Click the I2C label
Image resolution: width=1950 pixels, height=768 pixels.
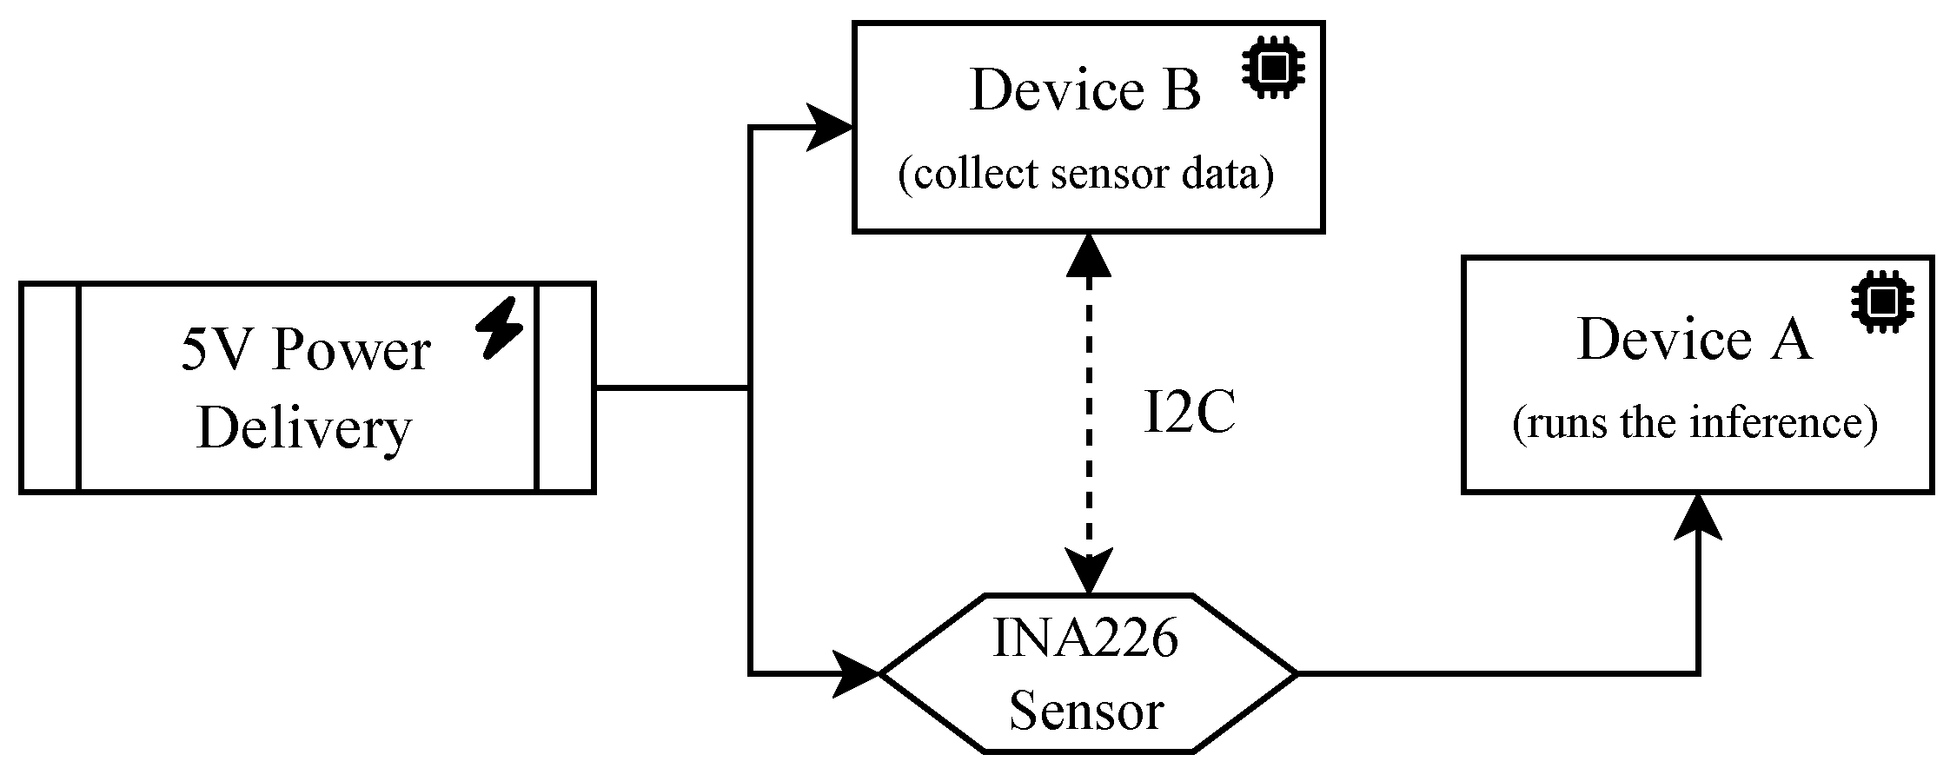[x=1188, y=413]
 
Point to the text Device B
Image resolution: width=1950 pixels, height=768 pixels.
[x=1084, y=90]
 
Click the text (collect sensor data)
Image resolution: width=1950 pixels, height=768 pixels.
[x=1085, y=174]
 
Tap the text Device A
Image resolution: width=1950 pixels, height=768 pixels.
[x=1694, y=340]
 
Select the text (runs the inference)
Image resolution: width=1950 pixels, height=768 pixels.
[x=1695, y=423]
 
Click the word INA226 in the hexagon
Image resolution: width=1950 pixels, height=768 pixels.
[x=1085, y=639]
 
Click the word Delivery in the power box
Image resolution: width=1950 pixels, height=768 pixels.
[x=304, y=428]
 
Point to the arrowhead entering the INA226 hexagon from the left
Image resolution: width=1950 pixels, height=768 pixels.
[x=856, y=672]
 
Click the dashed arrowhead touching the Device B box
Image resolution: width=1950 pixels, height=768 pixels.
[x=1088, y=255]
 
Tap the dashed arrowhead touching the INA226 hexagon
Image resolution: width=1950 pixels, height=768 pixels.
[x=1088, y=572]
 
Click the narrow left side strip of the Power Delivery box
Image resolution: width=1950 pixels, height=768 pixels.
[x=50, y=387]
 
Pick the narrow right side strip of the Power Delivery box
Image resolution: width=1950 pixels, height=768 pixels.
[x=566, y=387]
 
